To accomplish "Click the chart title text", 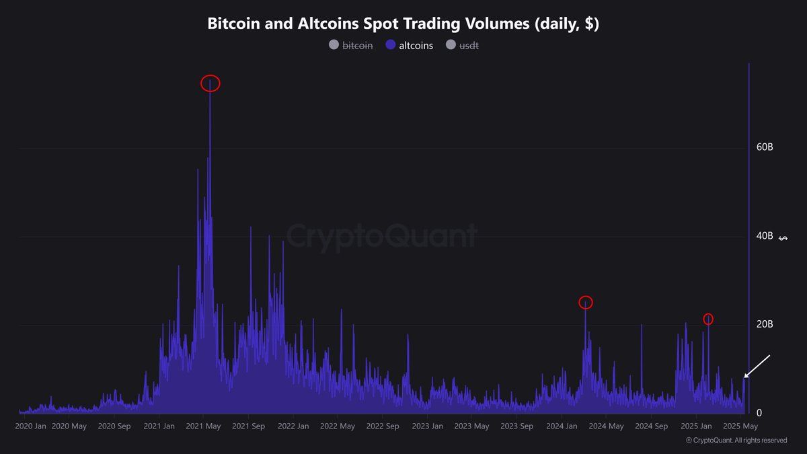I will click(403, 24).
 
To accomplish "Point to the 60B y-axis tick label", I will click(765, 147).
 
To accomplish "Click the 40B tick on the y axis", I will click(765, 236).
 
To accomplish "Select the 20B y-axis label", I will click(765, 324).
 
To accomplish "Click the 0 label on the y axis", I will click(759, 413).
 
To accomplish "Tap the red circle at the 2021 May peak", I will click(210, 83).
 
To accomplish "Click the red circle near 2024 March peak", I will click(586, 303).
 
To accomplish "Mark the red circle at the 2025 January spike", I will click(708, 319).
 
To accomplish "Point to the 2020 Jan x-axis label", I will click(31, 426).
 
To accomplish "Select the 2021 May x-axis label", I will click(204, 426).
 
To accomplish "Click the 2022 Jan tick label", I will click(293, 426).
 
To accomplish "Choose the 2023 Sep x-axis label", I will click(517, 426).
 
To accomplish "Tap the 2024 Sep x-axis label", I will click(652, 426).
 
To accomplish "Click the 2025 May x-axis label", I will click(740, 426).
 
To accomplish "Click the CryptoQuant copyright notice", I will click(736, 441).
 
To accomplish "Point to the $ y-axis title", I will click(781, 237).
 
